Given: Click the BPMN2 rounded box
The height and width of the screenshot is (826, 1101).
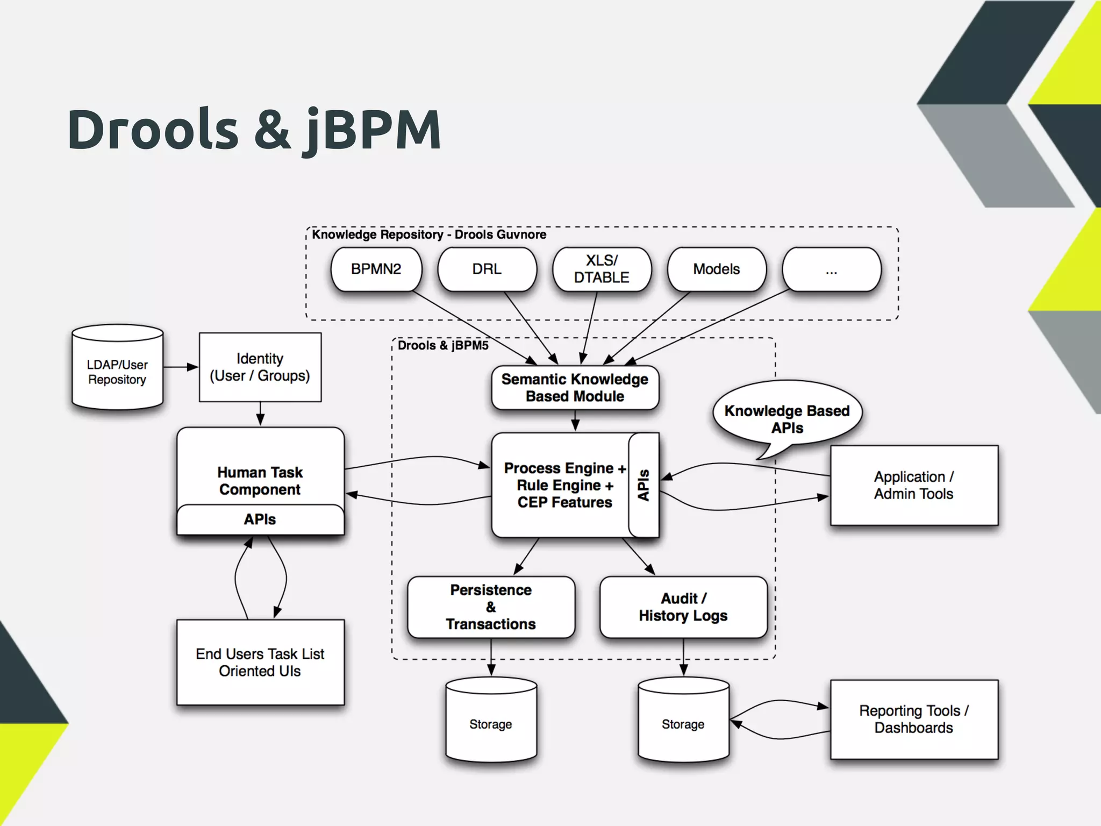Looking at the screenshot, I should click(376, 269).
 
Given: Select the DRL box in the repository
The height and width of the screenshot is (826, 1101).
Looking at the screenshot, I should click(487, 269).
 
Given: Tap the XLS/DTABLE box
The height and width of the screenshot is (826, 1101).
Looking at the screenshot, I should click(602, 269).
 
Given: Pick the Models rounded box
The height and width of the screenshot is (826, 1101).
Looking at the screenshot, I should click(716, 269).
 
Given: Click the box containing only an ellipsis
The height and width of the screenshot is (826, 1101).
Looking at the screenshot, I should click(831, 269).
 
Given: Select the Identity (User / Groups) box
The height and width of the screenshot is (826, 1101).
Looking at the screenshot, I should click(260, 367).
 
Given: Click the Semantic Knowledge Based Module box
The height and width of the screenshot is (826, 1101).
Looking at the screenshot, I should click(575, 388).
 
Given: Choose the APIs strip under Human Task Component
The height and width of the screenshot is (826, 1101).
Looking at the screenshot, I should click(260, 519).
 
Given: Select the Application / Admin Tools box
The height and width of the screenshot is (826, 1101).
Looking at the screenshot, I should click(914, 485).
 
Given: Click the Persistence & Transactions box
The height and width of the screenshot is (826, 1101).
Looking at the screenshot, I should click(491, 607).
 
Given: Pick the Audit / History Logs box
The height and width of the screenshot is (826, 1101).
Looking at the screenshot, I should click(683, 607).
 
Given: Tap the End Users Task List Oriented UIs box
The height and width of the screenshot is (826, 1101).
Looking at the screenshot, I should click(260, 663).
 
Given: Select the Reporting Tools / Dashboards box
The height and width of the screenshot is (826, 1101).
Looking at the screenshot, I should click(914, 720).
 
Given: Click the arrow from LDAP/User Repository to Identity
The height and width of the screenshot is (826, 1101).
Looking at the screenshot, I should click(181, 367).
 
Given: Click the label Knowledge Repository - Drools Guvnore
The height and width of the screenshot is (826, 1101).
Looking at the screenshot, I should click(429, 235).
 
